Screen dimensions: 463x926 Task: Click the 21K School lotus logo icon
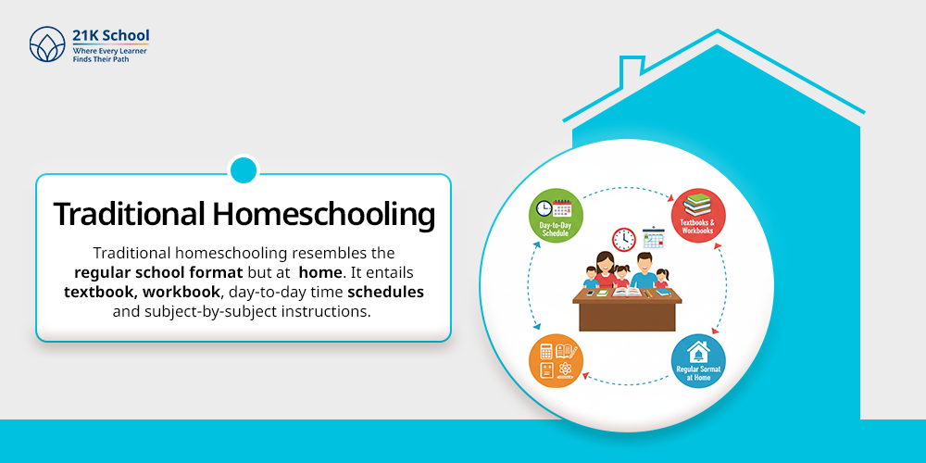click(46, 44)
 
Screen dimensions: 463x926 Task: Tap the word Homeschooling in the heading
click(323, 214)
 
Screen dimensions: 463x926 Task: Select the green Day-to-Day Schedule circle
click(556, 216)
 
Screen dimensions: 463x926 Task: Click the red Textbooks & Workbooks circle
click(697, 216)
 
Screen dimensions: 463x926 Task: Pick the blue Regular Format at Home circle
click(697, 361)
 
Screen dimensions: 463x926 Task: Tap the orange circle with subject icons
click(556, 361)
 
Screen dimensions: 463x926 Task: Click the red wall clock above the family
click(624, 239)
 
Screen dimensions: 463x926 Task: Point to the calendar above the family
click(655, 238)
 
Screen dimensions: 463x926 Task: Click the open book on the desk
click(628, 294)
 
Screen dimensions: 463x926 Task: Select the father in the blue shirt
click(646, 271)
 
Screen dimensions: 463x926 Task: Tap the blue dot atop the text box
click(243, 169)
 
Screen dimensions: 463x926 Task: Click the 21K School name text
click(110, 35)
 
